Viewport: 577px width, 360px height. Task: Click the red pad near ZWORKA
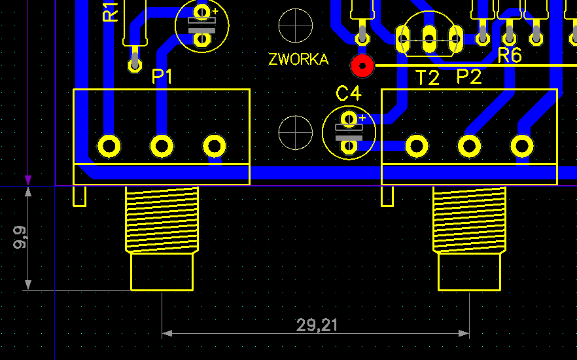pyautogui.click(x=362, y=65)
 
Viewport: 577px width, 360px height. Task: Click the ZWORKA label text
pyautogui.click(x=298, y=60)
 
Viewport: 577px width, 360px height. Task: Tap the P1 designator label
pyautogui.click(x=162, y=77)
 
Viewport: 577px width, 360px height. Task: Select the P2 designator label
pyautogui.click(x=469, y=77)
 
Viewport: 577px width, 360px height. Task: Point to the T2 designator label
pyautogui.click(x=428, y=79)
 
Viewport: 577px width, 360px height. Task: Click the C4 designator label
pyautogui.click(x=349, y=94)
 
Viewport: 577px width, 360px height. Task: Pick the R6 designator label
pyautogui.click(x=510, y=56)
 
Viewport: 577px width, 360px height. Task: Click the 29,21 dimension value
pyautogui.click(x=317, y=325)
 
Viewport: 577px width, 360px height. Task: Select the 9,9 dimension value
pyautogui.click(x=20, y=237)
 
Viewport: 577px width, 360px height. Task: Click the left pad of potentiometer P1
pyautogui.click(x=109, y=145)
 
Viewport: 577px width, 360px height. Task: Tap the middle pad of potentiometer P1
pyautogui.click(x=162, y=145)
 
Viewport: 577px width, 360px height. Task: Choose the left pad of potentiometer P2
pyautogui.click(x=417, y=145)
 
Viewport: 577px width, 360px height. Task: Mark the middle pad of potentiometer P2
pyautogui.click(x=469, y=145)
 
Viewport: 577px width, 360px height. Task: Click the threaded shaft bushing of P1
pyautogui.click(x=162, y=219)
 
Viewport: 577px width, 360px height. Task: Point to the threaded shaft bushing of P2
pyautogui.click(x=469, y=219)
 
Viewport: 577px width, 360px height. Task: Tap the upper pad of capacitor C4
pyautogui.click(x=349, y=118)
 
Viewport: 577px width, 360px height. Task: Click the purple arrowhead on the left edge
pyautogui.click(x=28, y=180)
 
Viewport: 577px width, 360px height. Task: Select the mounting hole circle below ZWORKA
pyautogui.click(x=296, y=132)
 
